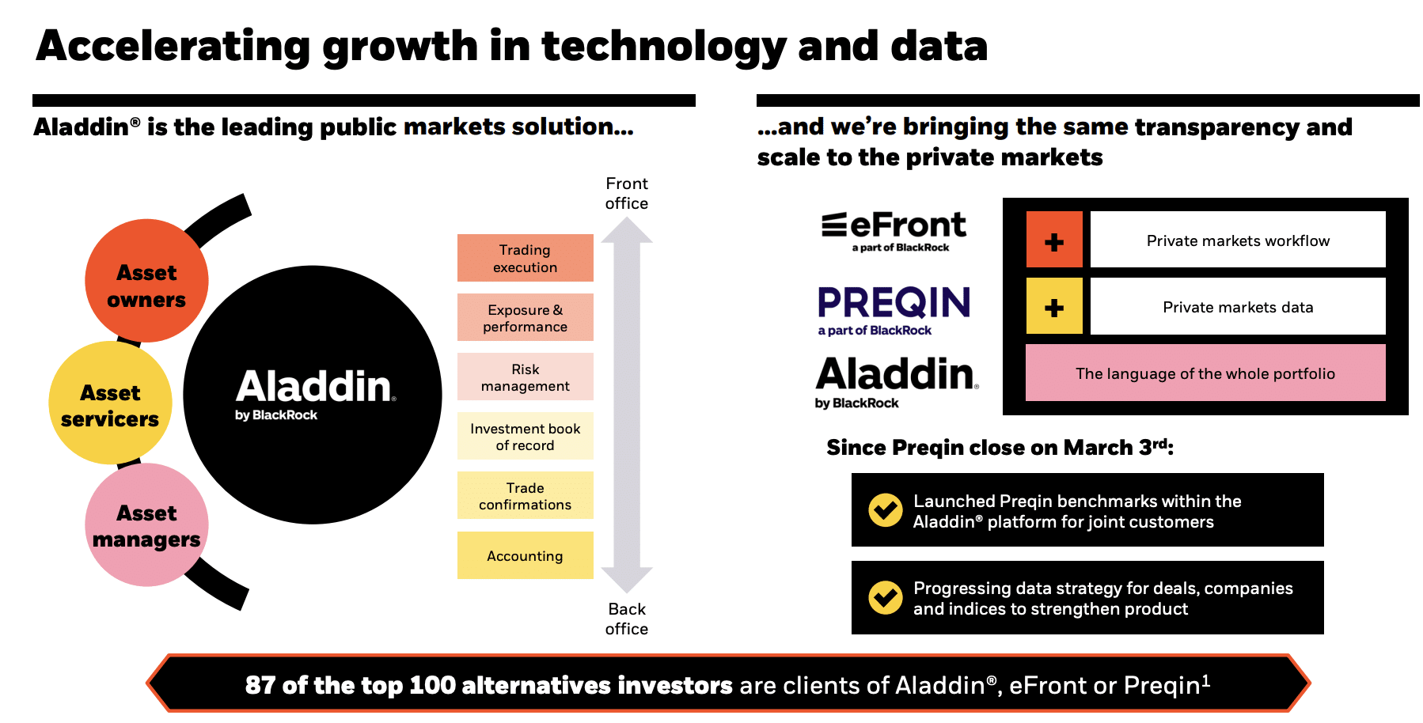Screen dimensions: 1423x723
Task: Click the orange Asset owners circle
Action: (x=146, y=281)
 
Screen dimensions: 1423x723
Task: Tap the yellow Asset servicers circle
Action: (x=110, y=403)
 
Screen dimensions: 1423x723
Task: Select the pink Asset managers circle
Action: (x=146, y=524)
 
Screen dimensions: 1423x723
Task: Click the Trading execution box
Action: (x=526, y=258)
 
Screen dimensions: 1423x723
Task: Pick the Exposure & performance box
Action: (x=526, y=317)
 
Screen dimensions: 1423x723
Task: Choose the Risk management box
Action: (x=526, y=377)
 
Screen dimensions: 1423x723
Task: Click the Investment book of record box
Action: (x=526, y=436)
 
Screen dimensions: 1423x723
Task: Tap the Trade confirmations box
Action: (x=526, y=495)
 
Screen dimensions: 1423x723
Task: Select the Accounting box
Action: (x=526, y=555)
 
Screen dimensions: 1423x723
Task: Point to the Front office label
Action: (x=627, y=193)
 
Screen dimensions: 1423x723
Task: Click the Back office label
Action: (x=627, y=619)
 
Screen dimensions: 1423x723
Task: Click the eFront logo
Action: (x=894, y=231)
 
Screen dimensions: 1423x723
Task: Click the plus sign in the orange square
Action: (x=1054, y=242)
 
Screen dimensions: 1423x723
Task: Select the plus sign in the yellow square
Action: (x=1054, y=307)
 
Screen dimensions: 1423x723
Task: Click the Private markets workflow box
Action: (x=1238, y=240)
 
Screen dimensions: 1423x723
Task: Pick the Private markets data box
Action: (x=1238, y=306)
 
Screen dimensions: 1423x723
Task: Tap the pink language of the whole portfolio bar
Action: (x=1205, y=373)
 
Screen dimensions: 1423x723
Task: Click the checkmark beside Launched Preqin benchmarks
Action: (x=886, y=510)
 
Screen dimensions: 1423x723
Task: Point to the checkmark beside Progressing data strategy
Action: (x=886, y=598)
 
